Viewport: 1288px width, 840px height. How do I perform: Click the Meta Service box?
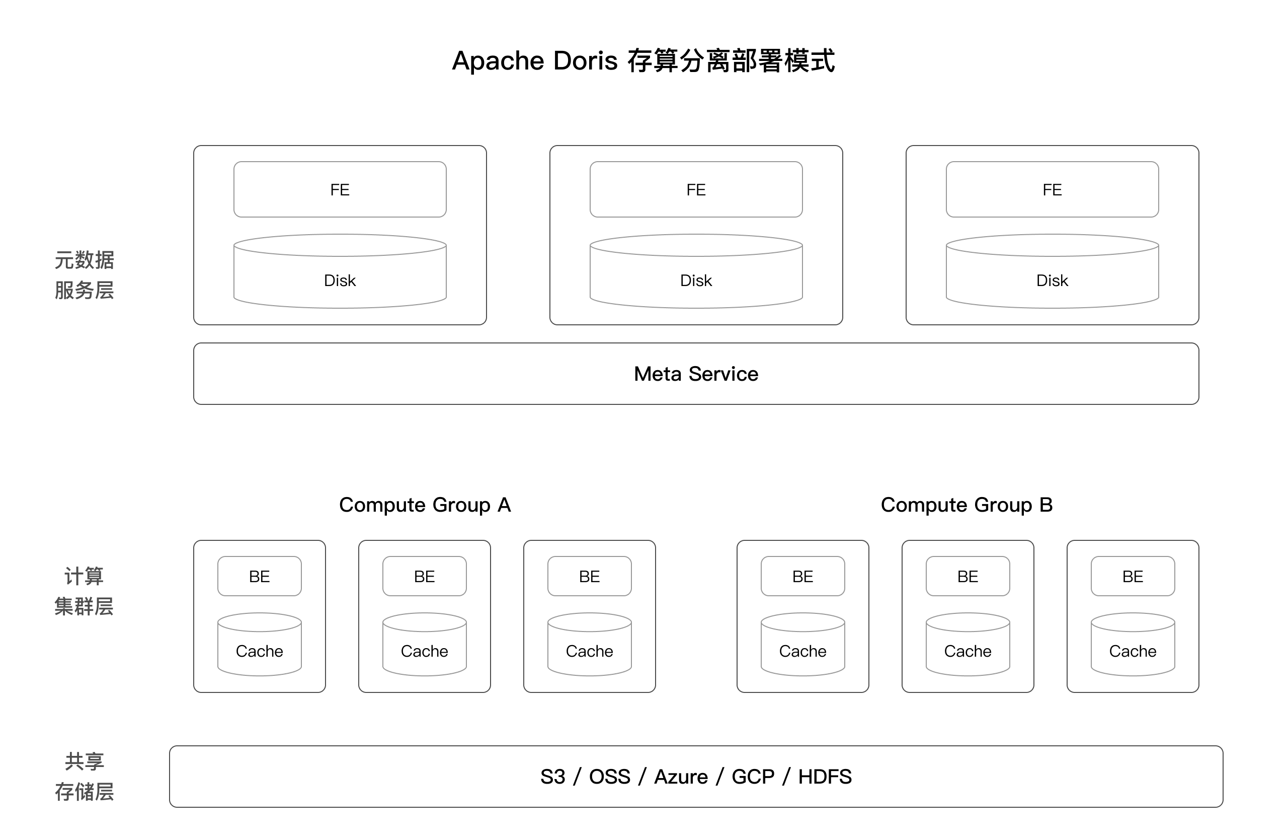pyautogui.click(x=696, y=374)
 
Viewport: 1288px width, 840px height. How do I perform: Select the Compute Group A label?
pyautogui.click(x=425, y=505)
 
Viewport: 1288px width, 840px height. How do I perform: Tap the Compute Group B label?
pyautogui.click(x=967, y=505)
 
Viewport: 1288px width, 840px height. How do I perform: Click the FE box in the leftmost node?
pyautogui.click(x=340, y=189)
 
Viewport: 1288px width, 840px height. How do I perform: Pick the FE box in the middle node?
pyautogui.click(x=696, y=189)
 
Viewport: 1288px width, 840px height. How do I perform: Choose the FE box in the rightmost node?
pyautogui.click(x=1052, y=189)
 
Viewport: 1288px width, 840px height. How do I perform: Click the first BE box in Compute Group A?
pyautogui.click(x=259, y=576)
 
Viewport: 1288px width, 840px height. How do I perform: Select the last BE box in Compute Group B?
pyautogui.click(x=1133, y=576)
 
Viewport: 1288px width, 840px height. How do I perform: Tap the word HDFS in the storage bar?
pyautogui.click(x=825, y=777)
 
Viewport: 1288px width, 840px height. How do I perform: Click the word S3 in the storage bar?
pyautogui.click(x=552, y=777)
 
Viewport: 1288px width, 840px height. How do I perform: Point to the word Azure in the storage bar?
pyautogui.click(x=681, y=777)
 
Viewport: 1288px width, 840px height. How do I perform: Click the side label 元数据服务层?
pyautogui.click(x=84, y=275)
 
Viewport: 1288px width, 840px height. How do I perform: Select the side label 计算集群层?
pyautogui.click(x=84, y=591)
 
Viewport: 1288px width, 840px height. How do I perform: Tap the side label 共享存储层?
pyautogui.click(x=84, y=777)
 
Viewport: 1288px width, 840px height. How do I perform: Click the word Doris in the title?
pyautogui.click(x=585, y=60)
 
